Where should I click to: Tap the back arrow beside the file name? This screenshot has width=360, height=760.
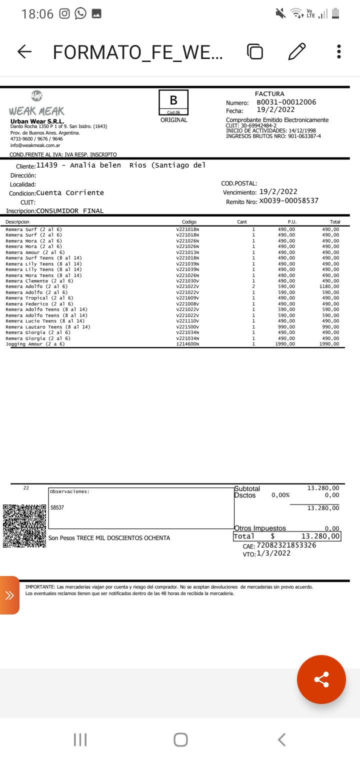pos(24,51)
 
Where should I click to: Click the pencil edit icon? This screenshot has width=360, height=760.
pos(297,51)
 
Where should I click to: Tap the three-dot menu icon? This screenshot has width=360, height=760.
pos(339,51)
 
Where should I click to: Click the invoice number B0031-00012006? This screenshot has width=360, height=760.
pos(286,102)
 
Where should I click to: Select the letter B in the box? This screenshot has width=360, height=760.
pos(173,100)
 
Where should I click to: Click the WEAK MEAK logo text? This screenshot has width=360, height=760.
pos(36,111)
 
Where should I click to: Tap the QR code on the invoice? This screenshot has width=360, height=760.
pos(24,525)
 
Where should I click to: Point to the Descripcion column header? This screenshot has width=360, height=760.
pos(17,221)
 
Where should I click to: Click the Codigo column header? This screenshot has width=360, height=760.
pos(189,221)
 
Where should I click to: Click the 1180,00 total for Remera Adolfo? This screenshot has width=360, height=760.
pos(330,286)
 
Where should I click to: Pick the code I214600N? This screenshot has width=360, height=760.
pos(187,344)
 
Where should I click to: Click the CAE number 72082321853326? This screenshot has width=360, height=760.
pos(286,545)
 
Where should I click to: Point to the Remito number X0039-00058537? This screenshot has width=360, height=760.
pos(288,201)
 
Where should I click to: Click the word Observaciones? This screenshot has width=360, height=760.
pos(69,491)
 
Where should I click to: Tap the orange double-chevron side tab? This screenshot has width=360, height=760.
pos(9,595)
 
